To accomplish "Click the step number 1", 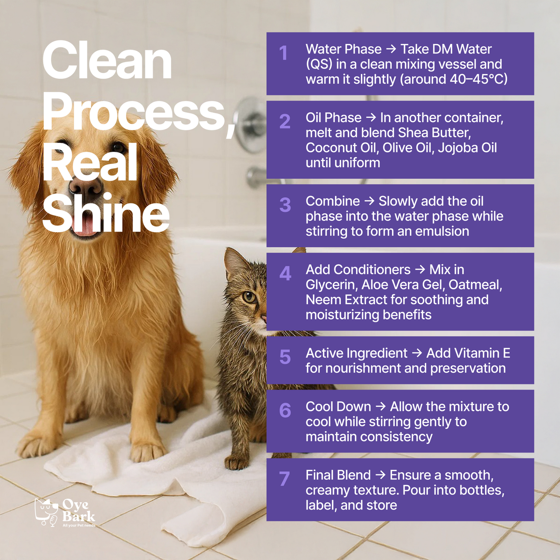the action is [283, 53].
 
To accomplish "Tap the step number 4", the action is [285, 274].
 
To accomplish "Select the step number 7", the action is [284, 479].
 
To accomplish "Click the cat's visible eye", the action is [249, 297].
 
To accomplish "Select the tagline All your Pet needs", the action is [79, 526].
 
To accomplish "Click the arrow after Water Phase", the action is [391, 49].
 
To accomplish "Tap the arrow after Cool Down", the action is [381, 407].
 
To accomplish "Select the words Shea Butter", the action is [434, 133].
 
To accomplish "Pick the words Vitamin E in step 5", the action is [468, 353].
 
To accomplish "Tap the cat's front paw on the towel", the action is [236, 462].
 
